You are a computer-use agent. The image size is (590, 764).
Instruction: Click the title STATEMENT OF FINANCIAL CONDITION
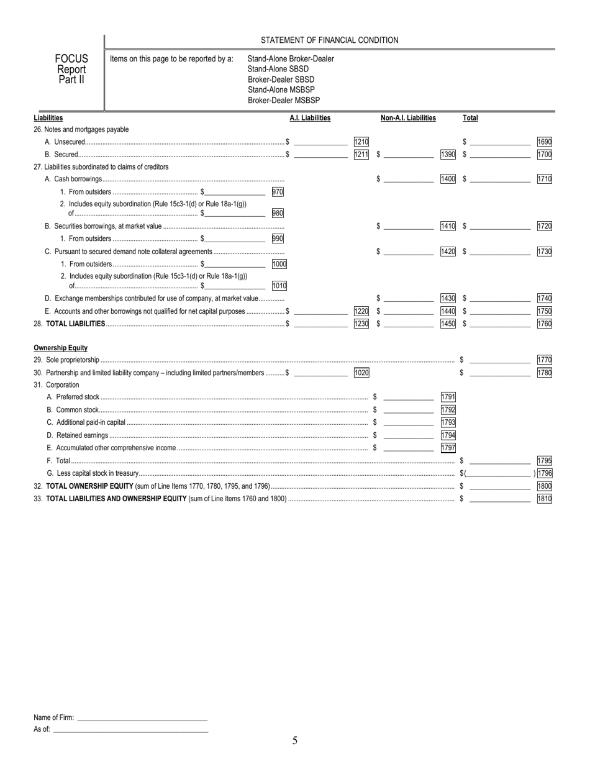[x=329, y=40]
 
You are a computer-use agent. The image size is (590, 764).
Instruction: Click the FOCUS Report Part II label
[x=71, y=69]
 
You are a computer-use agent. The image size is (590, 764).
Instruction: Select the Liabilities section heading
[x=48, y=118]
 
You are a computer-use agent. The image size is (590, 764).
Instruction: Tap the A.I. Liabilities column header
[x=310, y=118]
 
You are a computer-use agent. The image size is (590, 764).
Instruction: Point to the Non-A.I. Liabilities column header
[x=408, y=118]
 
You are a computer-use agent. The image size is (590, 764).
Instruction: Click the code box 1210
[x=361, y=142]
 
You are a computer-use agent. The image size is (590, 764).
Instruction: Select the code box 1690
[x=544, y=142]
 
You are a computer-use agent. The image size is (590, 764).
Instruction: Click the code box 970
[x=278, y=192]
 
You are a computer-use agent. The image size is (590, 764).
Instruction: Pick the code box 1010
[x=279, y=286]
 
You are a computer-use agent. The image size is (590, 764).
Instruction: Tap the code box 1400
[x=448, y=179]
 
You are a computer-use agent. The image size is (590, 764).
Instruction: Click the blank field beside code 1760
[x=500, y=324]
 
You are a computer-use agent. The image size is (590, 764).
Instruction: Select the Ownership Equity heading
[x=60, y=348]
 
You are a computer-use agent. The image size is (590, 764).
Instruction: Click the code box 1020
[x=361, y=373]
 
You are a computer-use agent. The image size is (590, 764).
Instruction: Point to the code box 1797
[x=448, y=448]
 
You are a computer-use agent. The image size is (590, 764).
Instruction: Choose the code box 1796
[x=544, y=473]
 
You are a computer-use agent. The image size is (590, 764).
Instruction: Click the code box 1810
[x=544, y=498]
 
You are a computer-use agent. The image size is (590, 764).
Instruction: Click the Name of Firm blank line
[x=142, y=717]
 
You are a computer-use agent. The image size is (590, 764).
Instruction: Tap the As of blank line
[x=130, y=729]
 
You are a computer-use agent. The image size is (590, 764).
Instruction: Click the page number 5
[x=295, y=740]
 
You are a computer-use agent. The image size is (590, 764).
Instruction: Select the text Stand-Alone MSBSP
[x=281, y=90]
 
